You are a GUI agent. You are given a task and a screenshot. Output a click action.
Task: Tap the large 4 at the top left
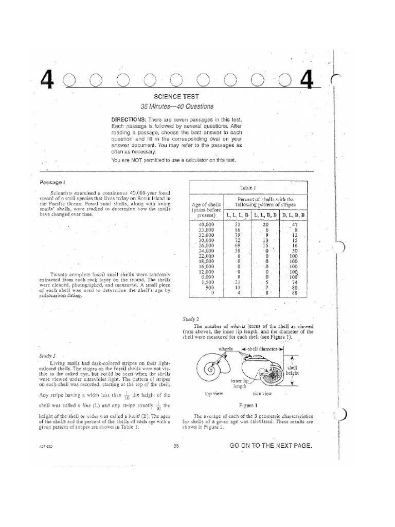click(47, 80)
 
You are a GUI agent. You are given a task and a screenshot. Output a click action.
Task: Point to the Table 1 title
click(248, 188)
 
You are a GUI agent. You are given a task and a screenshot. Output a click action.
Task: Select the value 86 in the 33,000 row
click(238, 231)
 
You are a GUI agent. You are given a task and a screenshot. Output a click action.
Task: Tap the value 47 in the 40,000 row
click(295, 225)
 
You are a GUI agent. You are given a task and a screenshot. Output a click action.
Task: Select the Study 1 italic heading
click(47, 356)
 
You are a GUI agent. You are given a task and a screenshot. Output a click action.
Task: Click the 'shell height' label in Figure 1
click(292, 371)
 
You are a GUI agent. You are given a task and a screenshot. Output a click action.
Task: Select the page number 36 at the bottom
click(176, 446)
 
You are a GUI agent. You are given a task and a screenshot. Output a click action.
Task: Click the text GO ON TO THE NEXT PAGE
click(271, 446)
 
